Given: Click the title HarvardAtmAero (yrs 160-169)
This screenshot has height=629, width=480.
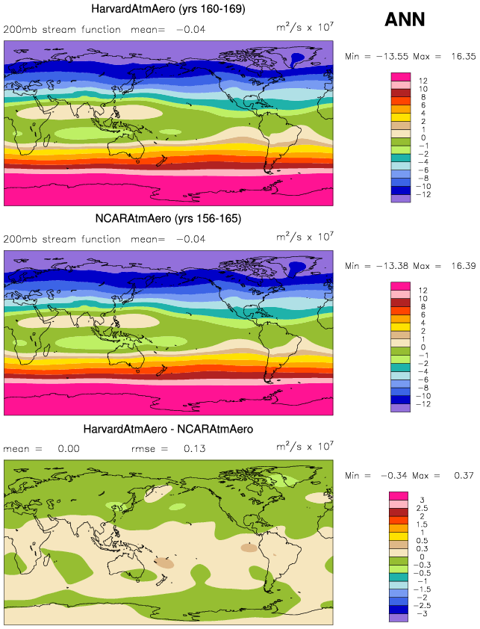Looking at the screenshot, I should point(168,10).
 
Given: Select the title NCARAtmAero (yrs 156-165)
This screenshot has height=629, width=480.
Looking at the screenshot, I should point(168,220).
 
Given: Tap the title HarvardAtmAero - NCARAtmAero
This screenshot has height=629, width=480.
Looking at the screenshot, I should point(168,430).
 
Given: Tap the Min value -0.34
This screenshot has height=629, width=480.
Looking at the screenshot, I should point(389,477).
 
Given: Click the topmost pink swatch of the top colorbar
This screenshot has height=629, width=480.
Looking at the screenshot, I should point(401,77).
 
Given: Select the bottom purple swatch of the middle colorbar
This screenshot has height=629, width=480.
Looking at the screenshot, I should point(401,408).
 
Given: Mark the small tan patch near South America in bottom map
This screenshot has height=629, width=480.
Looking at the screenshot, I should point(248,548).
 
